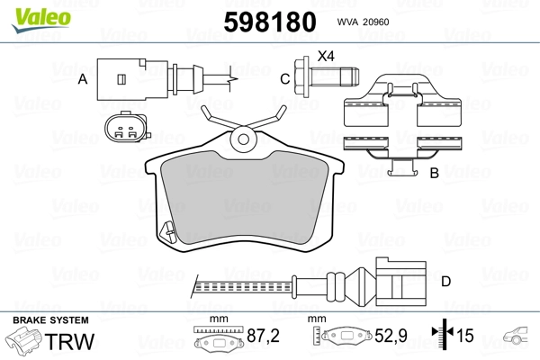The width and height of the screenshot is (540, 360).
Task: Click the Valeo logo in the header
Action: click(x=41, y=20)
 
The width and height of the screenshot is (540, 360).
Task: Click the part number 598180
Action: click(x=270, y=22)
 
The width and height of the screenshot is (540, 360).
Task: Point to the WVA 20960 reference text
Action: click(x=363, y=22)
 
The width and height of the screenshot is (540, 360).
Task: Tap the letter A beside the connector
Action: click(x=83, y=79)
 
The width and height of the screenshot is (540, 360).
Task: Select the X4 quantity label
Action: click(x=326, y=56)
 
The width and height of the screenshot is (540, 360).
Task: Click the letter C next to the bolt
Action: click(x=284, y=79)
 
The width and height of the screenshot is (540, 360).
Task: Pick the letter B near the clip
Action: click(x=435, y=173)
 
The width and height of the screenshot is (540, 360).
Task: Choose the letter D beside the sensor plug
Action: click(x=446, y=282)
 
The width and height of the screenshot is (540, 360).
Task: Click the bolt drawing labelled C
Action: click(x=327, y=76)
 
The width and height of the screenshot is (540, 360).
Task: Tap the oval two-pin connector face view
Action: click(x=127, y=127)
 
